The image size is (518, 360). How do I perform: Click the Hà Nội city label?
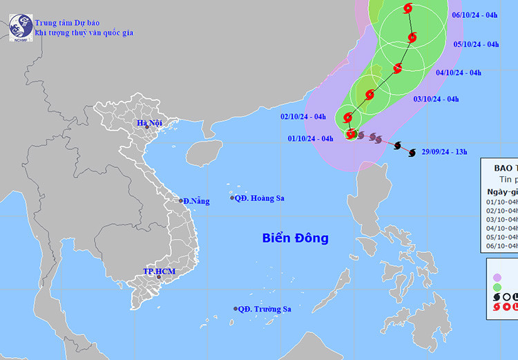149,124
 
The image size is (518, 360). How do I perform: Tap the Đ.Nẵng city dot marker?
182,200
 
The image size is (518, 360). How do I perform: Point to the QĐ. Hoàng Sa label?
260,198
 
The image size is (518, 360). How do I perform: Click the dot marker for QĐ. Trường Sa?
236,309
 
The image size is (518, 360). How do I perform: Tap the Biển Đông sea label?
295,238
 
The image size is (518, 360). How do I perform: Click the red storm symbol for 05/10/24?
412,38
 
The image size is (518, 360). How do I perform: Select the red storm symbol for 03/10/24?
370,95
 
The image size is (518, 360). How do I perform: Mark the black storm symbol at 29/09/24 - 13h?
411,153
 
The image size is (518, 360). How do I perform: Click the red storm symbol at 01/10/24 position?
350,134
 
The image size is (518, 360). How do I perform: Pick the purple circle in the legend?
497,269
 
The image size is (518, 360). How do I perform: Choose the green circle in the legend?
497,285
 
